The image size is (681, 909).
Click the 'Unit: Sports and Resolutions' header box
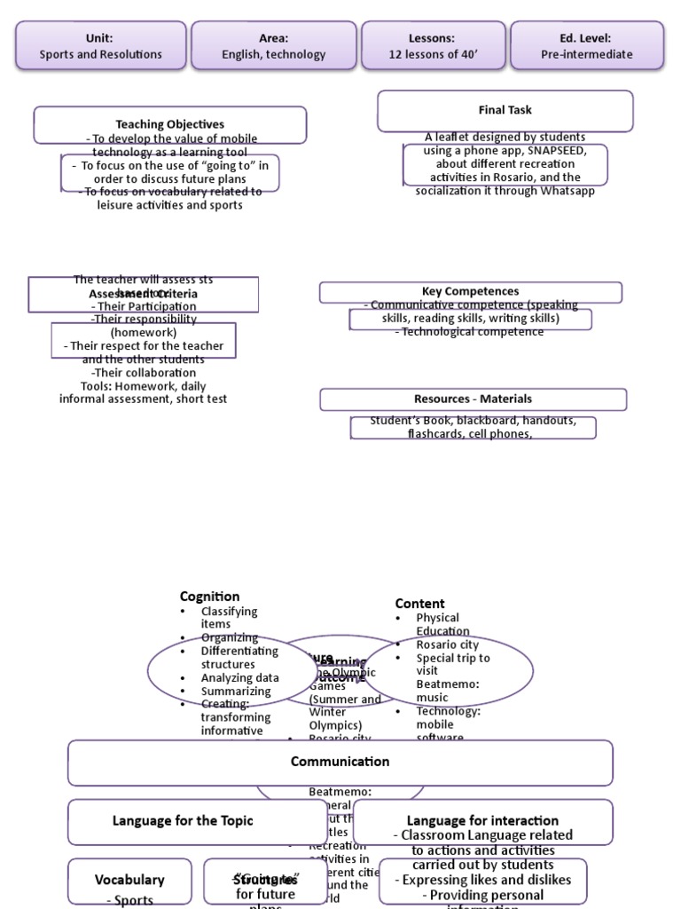click(x=100, y=46)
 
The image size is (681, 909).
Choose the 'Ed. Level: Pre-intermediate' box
click(x=586, y=46)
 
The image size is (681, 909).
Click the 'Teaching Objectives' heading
click(x=169, y=124)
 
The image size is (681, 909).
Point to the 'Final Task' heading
click(x=505, y=110)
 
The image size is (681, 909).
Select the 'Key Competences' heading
click(x=470, y=291)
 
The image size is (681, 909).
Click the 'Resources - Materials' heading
click(x=473, y=399)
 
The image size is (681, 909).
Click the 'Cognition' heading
click(x=209, y=597)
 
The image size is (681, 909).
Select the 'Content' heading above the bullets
click(x=419, y=604)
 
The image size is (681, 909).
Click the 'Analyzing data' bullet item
click(x=239, y=677)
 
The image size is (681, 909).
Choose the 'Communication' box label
click(x=340, y=762)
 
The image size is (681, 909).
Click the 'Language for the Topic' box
click(x=183, y=821)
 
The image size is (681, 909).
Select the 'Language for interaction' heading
click(x=482, y=821)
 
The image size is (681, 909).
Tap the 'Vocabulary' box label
click(x=129, y=880)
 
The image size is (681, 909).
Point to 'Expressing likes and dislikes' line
click(x=482, y=880)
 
